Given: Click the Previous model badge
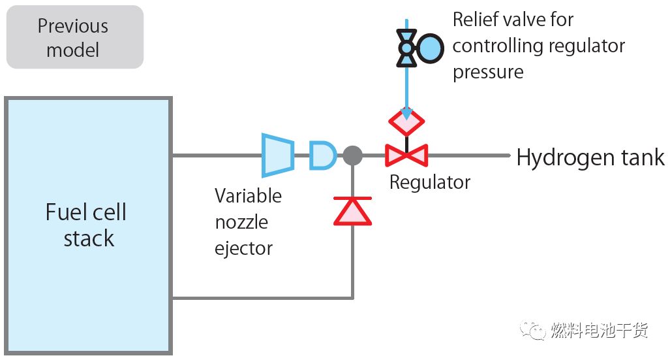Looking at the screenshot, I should coord(74,37).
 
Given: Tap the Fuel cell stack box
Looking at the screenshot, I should coord(88,225).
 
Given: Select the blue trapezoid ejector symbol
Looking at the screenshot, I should coord(277,155).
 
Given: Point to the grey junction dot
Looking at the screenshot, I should coord(352,155).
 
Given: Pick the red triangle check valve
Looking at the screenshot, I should coord(352,211).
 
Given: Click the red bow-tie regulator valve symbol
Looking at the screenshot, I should coord(406,155).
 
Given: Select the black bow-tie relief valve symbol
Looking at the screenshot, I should coord(406,48).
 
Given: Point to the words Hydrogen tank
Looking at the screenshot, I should coord(590,157).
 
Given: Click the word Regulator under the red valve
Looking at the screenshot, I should coord(429,182).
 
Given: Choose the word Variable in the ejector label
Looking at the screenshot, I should coord(248,196).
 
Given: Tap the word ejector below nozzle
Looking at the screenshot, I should coord(243,248).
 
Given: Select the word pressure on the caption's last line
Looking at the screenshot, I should coord(488,71).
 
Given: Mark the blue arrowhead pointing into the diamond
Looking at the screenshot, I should coord(406,114).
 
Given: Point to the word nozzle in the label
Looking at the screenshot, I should coord(241,222).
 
